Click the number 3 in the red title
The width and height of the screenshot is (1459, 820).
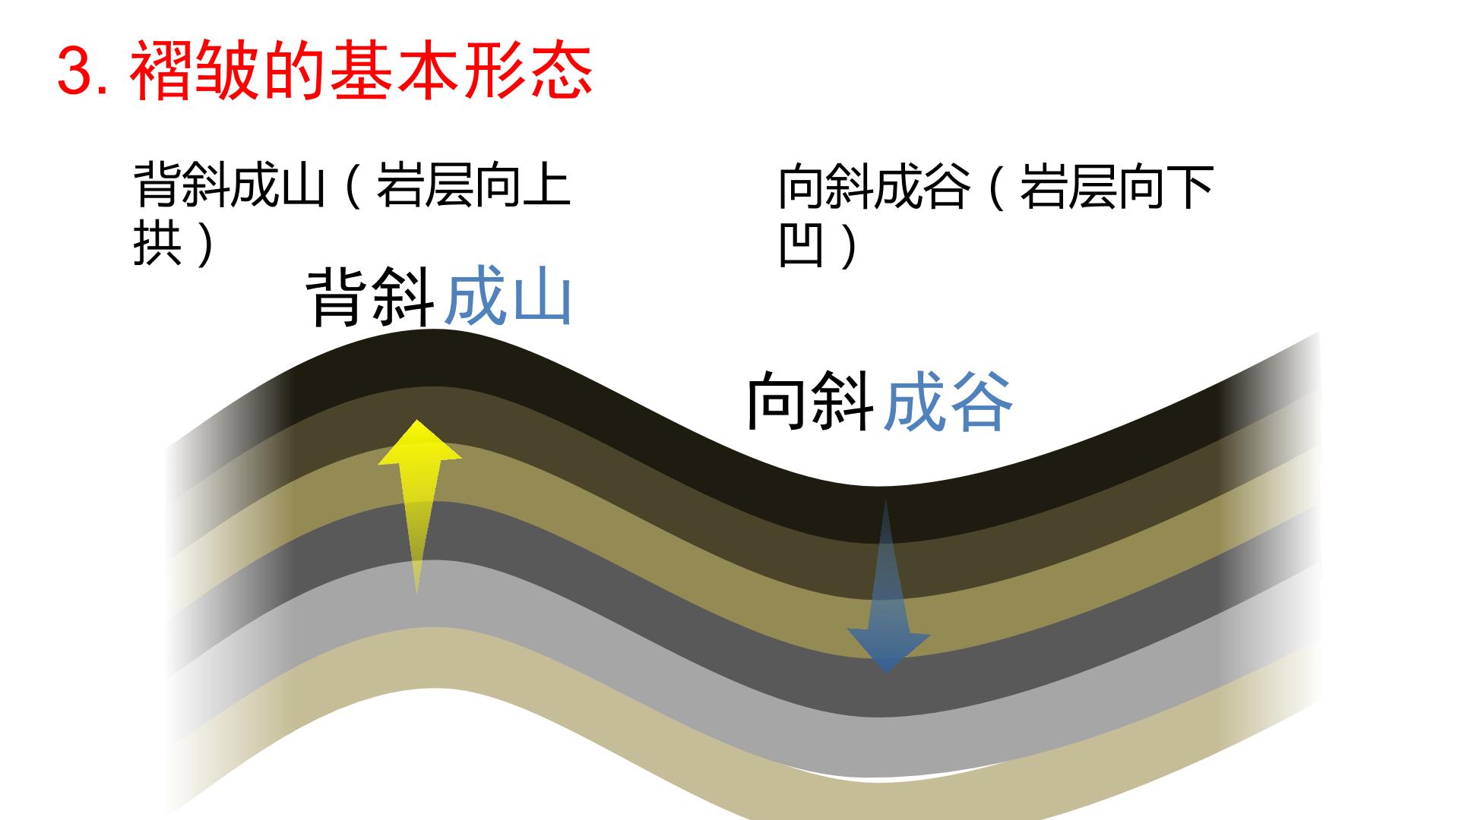coord(78,73)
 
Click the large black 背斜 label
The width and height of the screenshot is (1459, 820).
coord(371,298)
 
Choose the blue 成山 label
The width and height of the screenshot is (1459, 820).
coord(508,298)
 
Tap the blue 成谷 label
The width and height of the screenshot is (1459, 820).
coord(948,401)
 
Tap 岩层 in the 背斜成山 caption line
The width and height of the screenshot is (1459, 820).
coord(424,184)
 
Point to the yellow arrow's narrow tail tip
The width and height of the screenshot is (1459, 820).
coord(416,594)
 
